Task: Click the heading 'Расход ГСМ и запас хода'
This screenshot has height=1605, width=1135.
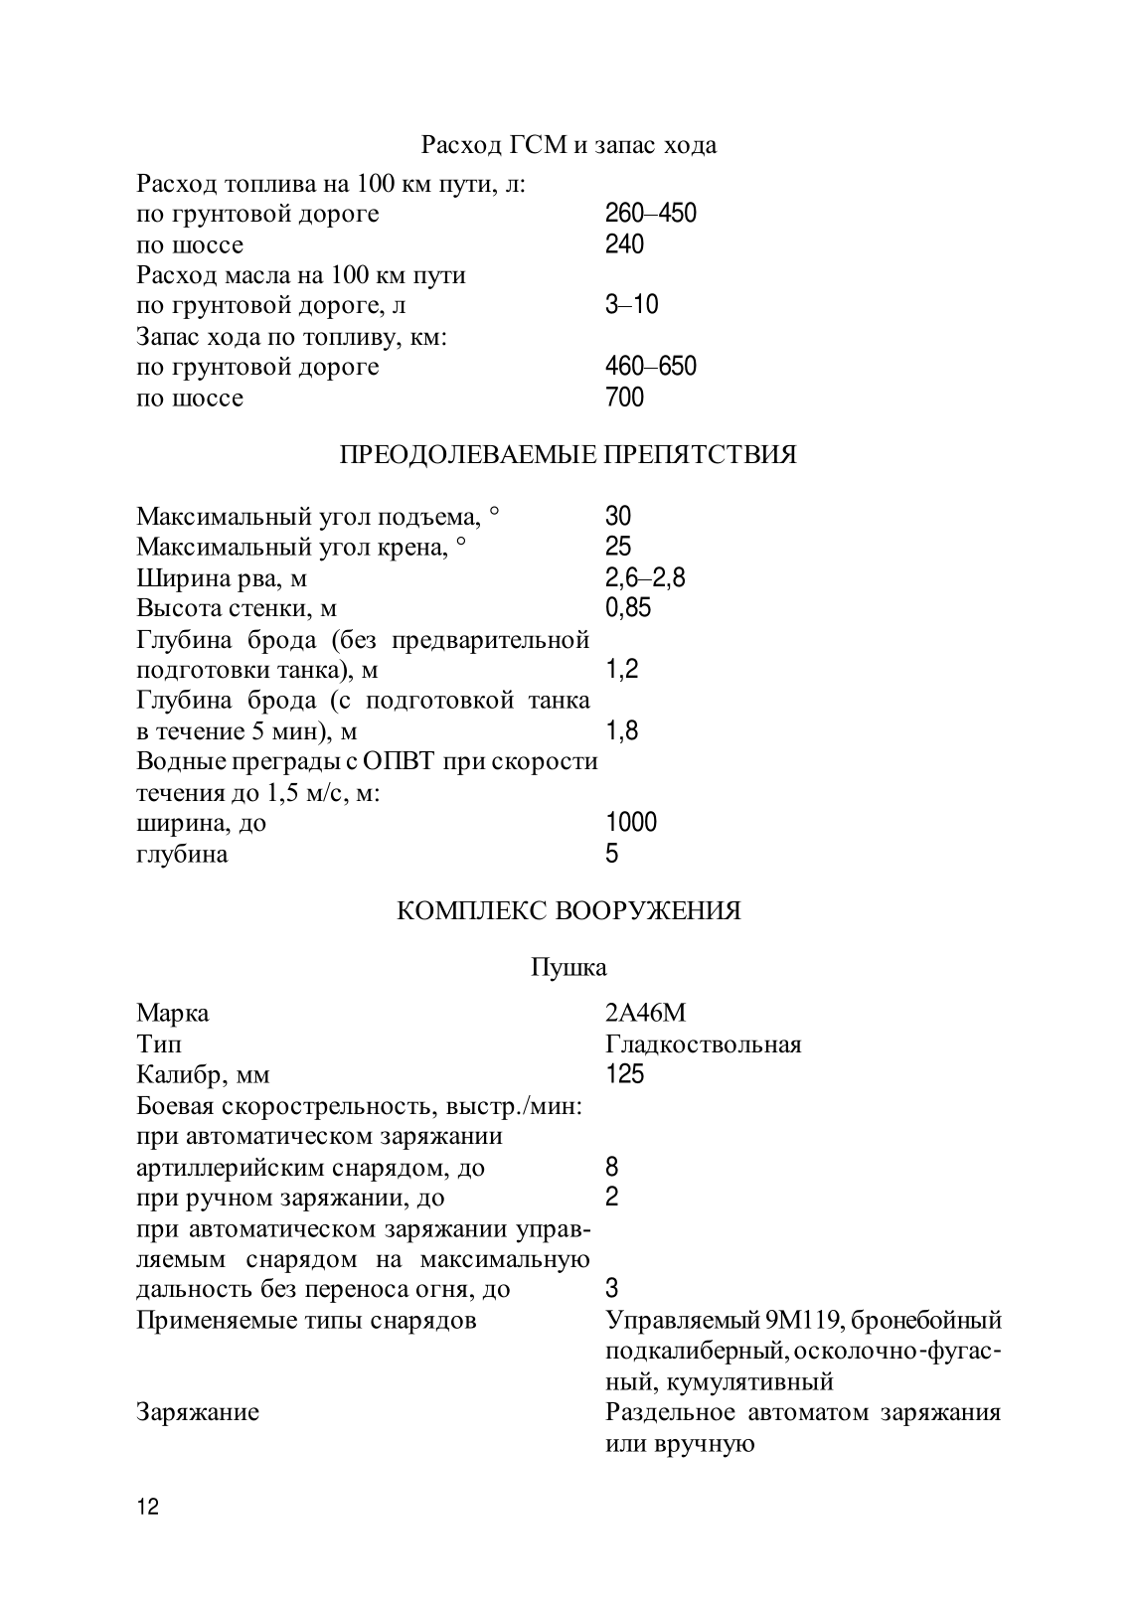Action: [x=568, y=145]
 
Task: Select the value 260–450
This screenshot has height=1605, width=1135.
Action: [x=650, y=214]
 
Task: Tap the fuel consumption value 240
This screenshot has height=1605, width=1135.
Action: [x=624, y=244]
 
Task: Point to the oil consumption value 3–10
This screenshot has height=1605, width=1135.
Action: [x=631, y=305]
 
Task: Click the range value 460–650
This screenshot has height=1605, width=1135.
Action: [x=650, y=367]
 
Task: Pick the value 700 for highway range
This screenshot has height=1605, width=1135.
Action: [x=624, y=398]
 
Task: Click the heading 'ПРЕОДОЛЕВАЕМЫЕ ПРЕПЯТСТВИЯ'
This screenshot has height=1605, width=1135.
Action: [x=567, y=455]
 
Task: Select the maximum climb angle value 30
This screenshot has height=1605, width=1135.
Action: [x=617, y=516]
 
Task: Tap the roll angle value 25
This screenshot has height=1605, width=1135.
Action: [x=617, y=547]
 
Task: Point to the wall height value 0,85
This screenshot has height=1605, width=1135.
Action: [x=627, y=608]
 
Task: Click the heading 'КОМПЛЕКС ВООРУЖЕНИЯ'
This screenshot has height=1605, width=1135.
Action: [x=568, y=911]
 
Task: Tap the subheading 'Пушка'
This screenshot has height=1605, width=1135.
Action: [x=568, y=967]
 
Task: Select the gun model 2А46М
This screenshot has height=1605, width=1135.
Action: [x=645, y=1014]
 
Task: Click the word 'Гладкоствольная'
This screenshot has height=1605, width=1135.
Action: [x=703, y=1044]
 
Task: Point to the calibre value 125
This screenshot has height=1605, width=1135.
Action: [x=624, y=1075]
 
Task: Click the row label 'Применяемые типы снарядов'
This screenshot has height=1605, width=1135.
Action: [x=306, y=1321]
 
